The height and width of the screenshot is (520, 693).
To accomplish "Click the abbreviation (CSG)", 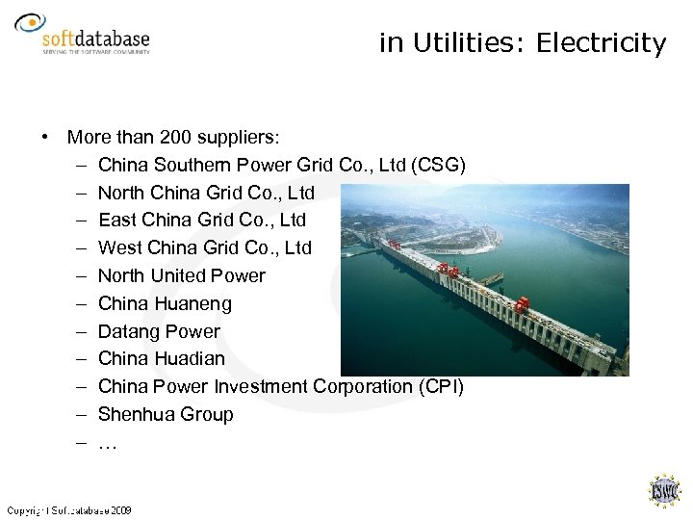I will (438, 165).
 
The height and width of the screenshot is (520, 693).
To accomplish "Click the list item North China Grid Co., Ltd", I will (207, 193).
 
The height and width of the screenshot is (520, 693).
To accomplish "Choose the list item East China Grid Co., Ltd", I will (202, 221).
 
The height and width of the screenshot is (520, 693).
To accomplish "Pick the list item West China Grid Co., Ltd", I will (205, 248).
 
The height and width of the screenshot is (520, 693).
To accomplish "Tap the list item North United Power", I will (182, 276).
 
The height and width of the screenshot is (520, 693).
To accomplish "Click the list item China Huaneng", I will (165, 304).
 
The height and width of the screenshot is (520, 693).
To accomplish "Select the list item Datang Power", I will (159, 332).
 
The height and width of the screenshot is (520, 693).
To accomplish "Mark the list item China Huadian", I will (162, 359).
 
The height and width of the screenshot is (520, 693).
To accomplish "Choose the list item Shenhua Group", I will (166, 415).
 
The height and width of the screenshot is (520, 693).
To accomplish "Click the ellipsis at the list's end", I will (108, 443).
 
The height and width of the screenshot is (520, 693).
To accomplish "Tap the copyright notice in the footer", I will (69, 509).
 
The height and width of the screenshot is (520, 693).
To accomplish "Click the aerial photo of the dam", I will (485, 279).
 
